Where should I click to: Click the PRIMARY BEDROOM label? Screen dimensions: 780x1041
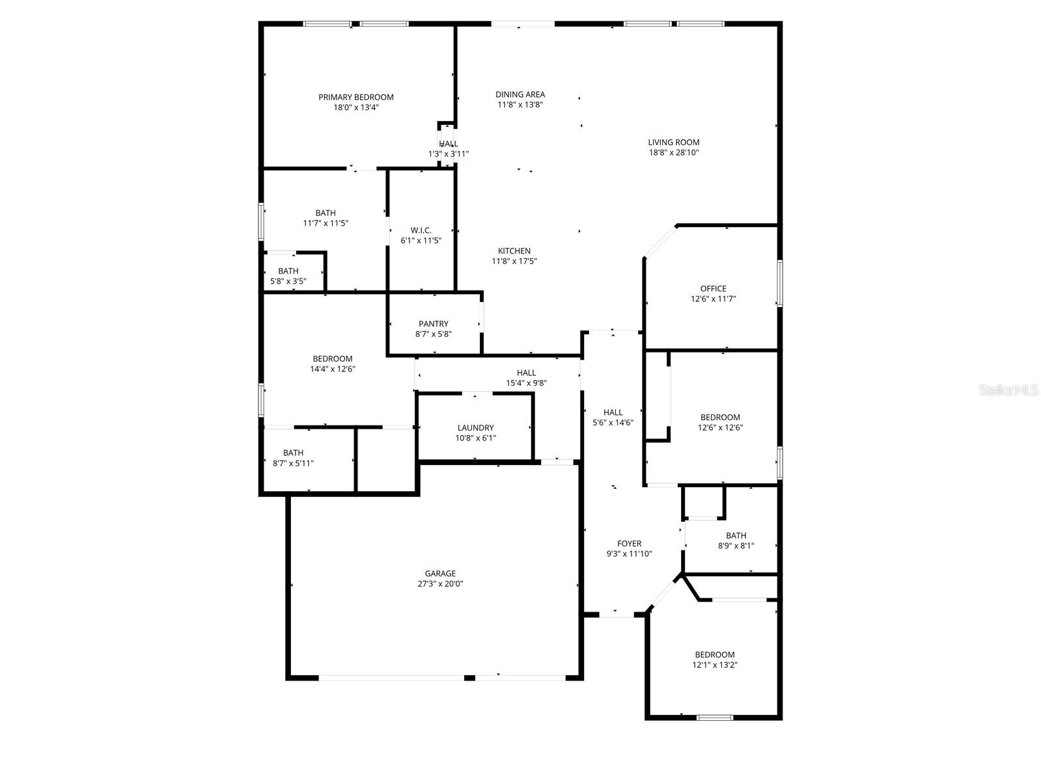(355, 97)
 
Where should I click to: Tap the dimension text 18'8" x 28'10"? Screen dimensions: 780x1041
(673, 153)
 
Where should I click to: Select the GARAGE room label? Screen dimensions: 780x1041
(440, 573)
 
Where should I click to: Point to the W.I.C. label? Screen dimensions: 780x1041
(421, 230)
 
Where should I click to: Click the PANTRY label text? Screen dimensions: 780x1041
(433, 323)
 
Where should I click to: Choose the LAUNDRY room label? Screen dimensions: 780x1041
(475, 427)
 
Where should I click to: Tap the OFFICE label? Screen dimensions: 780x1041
(713, 288)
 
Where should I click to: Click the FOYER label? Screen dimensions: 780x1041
(629, 543)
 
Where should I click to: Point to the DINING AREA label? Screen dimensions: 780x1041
(520, 94)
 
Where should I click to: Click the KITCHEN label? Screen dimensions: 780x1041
(514, 250)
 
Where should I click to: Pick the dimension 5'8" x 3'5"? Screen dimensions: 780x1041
(288, 282)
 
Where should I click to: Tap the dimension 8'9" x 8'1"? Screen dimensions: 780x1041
(736, 546)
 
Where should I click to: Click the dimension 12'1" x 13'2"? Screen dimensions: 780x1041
(714, 666)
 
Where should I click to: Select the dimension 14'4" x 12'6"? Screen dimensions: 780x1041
(332, 369)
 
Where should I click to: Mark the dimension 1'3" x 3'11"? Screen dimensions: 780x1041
(448, 154)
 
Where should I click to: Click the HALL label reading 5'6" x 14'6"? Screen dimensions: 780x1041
(613, 412)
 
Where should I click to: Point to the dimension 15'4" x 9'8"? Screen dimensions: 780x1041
(526, 383)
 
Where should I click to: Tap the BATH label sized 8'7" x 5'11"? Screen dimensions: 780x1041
(293, 453)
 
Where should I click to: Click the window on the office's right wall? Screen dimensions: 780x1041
(779, 283)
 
